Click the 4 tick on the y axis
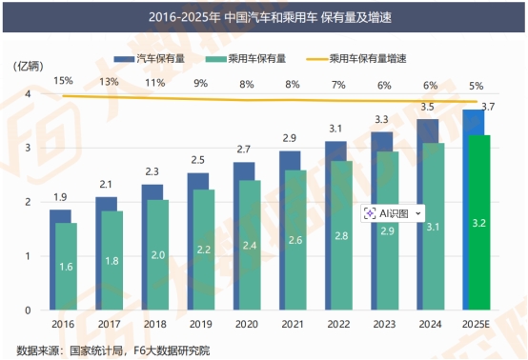[x=28, y=94]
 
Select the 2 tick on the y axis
[x=28, y=202]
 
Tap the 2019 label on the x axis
[x=198, y=324]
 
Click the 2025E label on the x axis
[x=477, y=324]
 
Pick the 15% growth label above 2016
[x=63, y=82]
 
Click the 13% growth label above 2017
[x=108, y=82]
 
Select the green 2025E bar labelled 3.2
[x=479, y=222]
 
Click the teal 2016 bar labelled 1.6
[x=67, y=266]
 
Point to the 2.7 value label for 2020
[x=243, y=150]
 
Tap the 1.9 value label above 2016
[x=59, y=197]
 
